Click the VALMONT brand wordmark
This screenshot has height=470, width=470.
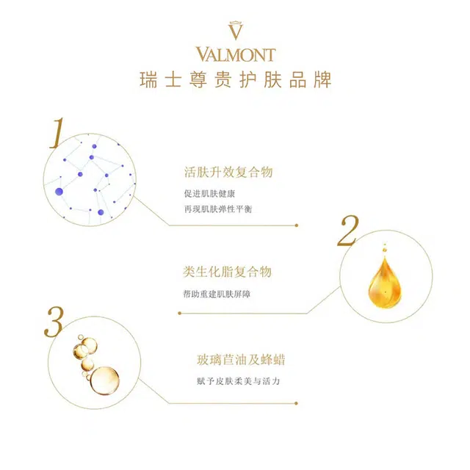tap(236, 54)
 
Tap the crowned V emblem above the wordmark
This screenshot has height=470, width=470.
tap(235, 30)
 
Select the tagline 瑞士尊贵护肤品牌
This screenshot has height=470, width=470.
tap(235, 80)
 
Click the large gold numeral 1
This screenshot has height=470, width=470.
tap(57, 133)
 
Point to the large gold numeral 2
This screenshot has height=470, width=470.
tap(348, 231)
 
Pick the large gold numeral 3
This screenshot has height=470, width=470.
tap(54, 322)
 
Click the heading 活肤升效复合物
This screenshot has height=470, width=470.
tap(228, 172)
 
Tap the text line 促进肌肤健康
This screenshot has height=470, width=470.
tap(209, 194)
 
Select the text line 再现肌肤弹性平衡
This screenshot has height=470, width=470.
tap(218, 209)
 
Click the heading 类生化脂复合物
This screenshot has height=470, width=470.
tap(227, 272)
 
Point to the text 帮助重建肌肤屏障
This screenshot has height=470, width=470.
tap(217, 294)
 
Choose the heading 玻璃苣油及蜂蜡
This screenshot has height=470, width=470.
tap(241, 360)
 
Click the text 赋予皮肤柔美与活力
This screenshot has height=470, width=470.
tap(238, 381)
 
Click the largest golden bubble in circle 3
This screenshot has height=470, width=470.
tap(104, 380)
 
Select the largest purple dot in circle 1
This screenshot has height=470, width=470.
tap(59, 192)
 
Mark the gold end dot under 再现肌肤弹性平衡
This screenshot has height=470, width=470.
tap(297, 225)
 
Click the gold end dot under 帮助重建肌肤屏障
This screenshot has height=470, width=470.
tap(179, 314)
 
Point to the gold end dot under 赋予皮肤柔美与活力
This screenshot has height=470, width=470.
tap(296, 403)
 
